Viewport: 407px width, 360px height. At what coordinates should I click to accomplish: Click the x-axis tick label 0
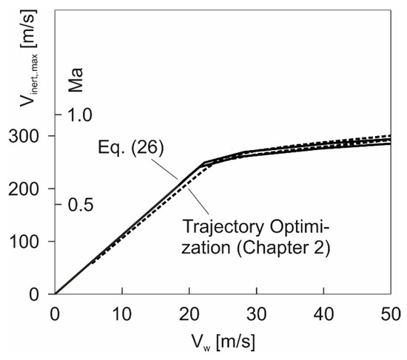pyautogui.click(x=55, y=312)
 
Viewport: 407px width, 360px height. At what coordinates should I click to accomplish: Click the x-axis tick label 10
pyautogui.click(x=122, y=312)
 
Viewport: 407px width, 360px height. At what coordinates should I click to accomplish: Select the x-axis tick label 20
pyautogui.click(x=189, y=312)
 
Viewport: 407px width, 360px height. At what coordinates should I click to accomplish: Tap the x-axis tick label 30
pyautogui.click(x=257, y=312)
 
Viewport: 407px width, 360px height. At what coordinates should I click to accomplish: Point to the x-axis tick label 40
pyautogui.click(x=324, y=312)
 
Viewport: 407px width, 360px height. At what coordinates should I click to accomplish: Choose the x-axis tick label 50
pyautogui.click(x=390, y=312)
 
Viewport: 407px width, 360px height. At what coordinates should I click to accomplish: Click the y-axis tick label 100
pyautogui.click(x=30, y=242)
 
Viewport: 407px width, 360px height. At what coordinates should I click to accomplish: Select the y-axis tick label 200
pyautogui.click(x=30, y=189)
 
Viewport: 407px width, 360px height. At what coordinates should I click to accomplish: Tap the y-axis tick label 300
pyautogui.click(x=30, y=137)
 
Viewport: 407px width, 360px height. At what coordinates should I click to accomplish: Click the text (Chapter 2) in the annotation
pyautogui.click(x=287, y=248)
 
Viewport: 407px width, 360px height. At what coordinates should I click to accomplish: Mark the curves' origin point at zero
pyautogui.click(x=55, y=294)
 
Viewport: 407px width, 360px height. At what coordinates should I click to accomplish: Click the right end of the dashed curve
pyautogui.click(x=390, y=136)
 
